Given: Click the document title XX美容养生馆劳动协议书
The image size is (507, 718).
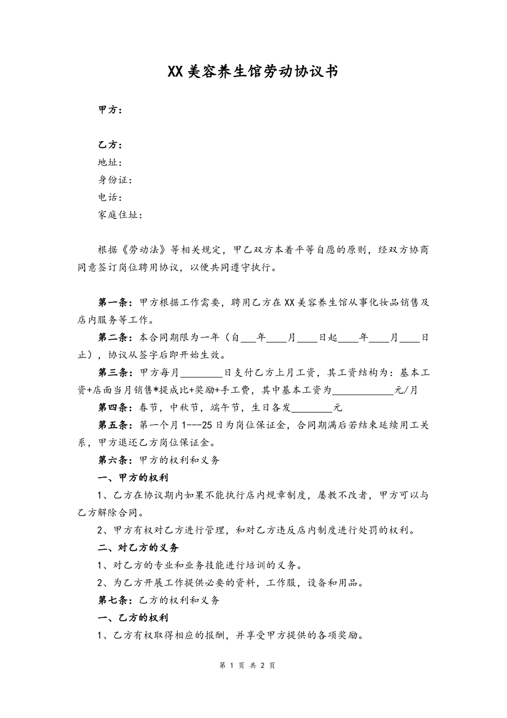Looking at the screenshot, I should (253, 71).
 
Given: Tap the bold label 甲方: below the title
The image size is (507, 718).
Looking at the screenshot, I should (110, 110).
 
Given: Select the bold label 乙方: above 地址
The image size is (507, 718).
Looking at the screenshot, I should (110, 145).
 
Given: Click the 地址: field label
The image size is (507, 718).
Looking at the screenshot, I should (110, 162).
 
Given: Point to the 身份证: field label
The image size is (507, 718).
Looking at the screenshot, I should (115, 180).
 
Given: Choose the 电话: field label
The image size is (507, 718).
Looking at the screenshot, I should (110, 198).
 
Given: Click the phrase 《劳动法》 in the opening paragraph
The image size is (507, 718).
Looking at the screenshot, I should (145, 250).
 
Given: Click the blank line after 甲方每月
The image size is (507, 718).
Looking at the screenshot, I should (202, 373).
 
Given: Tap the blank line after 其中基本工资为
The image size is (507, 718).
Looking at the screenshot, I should (363, 391).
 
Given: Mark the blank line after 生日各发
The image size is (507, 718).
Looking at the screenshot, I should (313, 409).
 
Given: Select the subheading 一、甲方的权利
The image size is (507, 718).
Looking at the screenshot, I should (133, 478).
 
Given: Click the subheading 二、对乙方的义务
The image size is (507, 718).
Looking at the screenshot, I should (138, 548).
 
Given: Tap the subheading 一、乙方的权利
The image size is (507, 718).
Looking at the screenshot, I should (133, 618).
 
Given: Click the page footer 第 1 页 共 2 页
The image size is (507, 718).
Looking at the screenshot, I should (248, 666).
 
